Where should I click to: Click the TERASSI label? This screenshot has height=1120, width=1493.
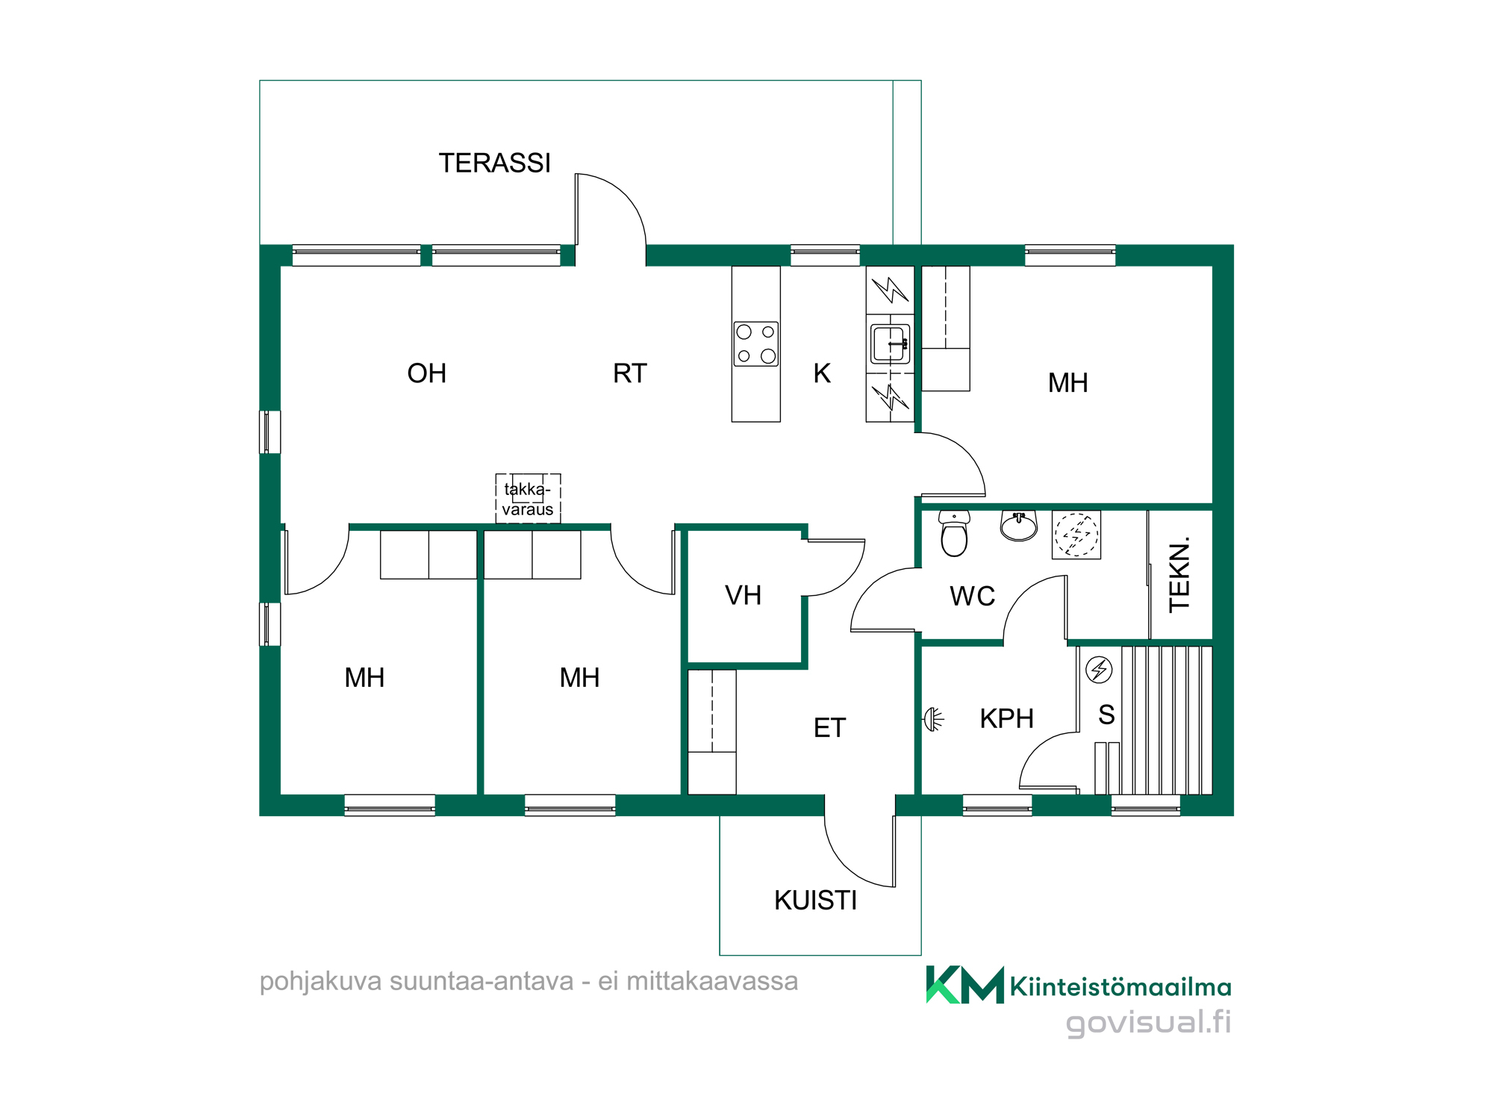(x=494, y=163)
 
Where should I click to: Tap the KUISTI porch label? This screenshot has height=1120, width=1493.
(x=815, y=900)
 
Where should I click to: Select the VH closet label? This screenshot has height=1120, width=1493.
(x=743, y=595)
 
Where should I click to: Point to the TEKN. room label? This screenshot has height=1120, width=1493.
(x=1179, y=574)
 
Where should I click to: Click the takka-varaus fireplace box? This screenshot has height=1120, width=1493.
(x=528, y=499)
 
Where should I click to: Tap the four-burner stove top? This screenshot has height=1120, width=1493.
(x=755, y=343)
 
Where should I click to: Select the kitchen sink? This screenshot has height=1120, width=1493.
(x=890, y=343)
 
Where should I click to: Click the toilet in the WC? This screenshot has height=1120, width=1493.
(x=954, y=533)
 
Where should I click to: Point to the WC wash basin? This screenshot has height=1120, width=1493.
(x=1019, y=526)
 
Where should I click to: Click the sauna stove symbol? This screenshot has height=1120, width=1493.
(x=1099, y=670)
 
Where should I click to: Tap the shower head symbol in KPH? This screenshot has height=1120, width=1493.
(x=934, y=719)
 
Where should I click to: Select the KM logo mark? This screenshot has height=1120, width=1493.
(x=964, y=985)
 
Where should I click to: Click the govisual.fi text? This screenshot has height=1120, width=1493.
(x=1148, y=1022)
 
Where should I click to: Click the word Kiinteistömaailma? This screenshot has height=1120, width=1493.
(x=1120, y=987)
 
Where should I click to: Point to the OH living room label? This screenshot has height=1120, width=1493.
(x=427, y=373)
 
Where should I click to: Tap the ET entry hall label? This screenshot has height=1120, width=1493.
(x=829, y=728)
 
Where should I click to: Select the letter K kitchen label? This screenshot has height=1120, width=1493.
(x=822, y=373)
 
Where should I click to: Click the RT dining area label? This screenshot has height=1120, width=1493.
(x=630, y=373)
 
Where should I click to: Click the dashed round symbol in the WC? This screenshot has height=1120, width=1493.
(x=1076, y=535)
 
